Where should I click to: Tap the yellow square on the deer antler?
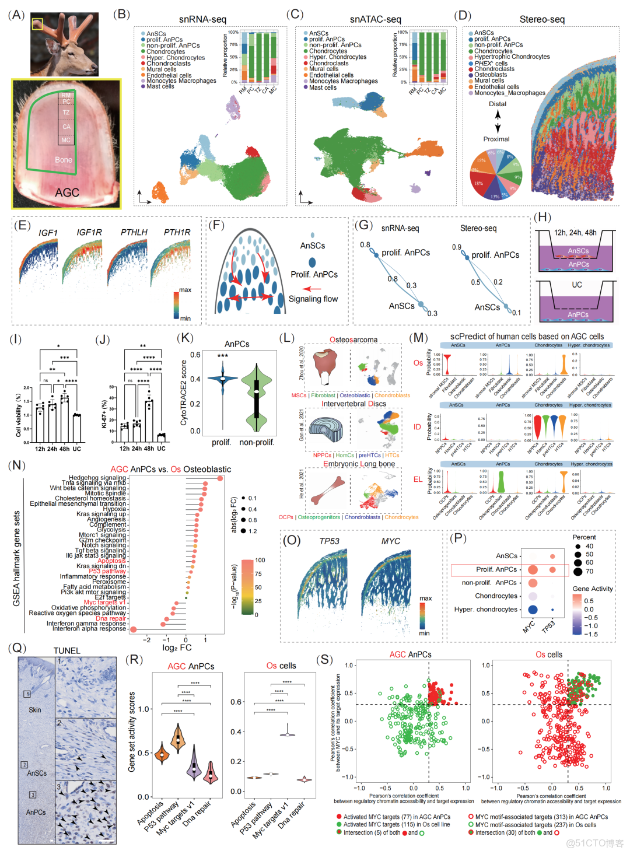pyautogui.click(x=37, y=24)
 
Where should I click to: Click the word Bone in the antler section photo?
pyautogui.click(x=64, y=160)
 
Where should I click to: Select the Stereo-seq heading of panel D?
pyautogui.click(x=542, y=19)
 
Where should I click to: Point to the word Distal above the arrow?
pyautogui.click(x=498, y=104)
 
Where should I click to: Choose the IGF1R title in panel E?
pyautogui.click(x=89, y=232)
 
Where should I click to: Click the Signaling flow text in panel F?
pyautogui.click(x=313, y=299)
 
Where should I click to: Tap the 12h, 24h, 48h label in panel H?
pyautogui.click(x=575, y=232)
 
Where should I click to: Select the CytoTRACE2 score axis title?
pyautogui.click(x=184, y=392)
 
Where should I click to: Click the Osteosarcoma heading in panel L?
pyautogui.click(x=353, y=339)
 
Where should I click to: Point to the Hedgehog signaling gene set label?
pyautogui.click(x=97, y=478)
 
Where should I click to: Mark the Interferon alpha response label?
pyautogui.click(x=89, y=628)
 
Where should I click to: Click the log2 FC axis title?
pyautogui.click(x=177, y=647)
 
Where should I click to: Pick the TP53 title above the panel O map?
pyautogui.click(x=329, y=541)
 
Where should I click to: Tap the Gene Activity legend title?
pyautogui.click(x=593, y=589)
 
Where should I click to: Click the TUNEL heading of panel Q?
pyautogui.click(x=67, y=650)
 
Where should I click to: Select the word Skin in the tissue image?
pyautogui.click(x=35, y=710)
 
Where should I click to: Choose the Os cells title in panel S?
pyautogui.click(x=549, y=654)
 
